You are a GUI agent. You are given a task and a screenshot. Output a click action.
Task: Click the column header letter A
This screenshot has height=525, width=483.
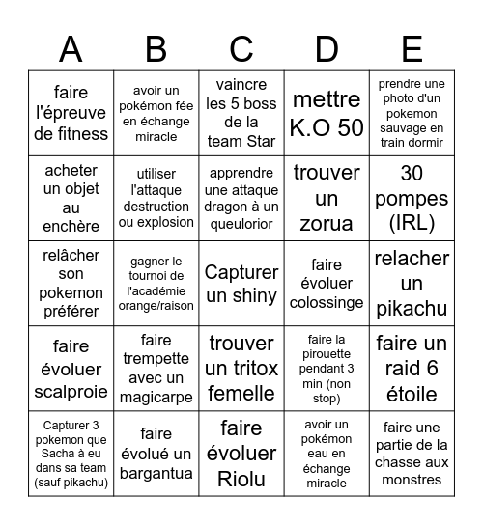(71, 48)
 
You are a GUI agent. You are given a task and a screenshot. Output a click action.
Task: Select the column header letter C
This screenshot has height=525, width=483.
(241, 48)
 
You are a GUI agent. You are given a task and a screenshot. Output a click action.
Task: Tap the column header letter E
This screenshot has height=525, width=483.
(412, 48)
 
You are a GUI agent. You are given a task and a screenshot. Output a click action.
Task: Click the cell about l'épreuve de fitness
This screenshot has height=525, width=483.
(71, 113)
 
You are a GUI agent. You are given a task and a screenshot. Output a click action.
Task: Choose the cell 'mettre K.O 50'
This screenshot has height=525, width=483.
(327, 113)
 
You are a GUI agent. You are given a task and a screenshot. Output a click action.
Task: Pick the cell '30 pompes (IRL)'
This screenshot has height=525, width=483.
(412, 199)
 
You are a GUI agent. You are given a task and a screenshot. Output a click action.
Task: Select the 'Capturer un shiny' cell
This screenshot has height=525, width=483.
(241, 284)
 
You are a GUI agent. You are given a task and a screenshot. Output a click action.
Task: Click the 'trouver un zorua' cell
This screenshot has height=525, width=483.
(327, 199)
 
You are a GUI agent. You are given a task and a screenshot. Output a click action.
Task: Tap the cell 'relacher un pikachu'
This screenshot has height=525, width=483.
(412, 284)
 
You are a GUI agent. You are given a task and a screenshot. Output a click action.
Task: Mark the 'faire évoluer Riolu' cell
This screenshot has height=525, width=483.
(241, 455)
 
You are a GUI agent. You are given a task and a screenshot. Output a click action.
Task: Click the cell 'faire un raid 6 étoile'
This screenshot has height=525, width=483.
(412, 369)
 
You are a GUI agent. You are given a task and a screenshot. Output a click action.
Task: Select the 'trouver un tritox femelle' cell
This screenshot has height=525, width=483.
(241, 369)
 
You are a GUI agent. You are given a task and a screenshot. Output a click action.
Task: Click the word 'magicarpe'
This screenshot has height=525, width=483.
(156, 397)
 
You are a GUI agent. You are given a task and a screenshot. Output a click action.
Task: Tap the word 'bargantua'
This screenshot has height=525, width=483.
(156, 473)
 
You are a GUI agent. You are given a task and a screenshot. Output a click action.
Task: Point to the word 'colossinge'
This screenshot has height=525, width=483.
(327, 302)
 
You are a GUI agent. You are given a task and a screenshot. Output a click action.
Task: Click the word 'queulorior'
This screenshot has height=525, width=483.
(241, 225)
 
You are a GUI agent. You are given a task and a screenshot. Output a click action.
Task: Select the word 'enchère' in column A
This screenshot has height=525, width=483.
(71, 226)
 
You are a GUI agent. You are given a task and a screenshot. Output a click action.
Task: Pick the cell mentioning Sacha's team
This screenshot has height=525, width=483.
(71, 455)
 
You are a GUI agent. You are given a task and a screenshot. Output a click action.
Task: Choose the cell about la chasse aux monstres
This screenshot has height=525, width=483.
(412, 455)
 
